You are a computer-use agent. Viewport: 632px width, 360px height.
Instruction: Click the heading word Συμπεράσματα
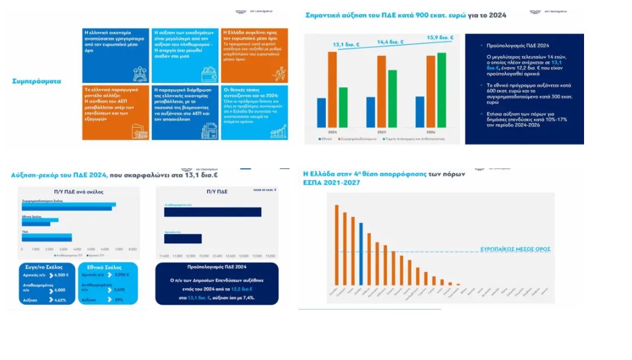[36, 81]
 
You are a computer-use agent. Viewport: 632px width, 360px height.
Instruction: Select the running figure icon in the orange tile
[280, 74]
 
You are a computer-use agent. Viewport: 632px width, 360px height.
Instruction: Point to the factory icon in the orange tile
[140, 131]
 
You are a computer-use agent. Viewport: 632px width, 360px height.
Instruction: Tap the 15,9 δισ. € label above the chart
[440, 38]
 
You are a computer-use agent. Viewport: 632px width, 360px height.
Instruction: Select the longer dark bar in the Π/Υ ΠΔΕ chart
[212, 212]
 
